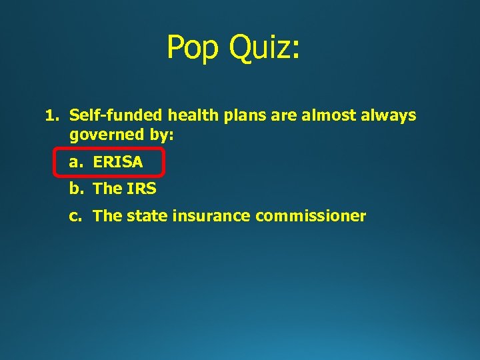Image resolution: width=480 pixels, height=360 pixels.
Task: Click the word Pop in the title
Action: click(193, 47)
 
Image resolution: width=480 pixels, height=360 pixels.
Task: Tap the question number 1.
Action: click(50, 116)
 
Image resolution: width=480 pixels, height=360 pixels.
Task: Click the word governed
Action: click(107, 135)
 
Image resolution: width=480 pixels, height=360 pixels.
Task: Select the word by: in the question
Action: click(161, 135)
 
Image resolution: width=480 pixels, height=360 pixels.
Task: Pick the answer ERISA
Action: click(118, 162)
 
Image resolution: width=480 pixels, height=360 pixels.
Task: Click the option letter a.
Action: click(75, 162)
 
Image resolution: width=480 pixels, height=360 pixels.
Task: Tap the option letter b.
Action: click(75, 189)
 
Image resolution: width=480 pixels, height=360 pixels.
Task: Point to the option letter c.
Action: click(75, 216)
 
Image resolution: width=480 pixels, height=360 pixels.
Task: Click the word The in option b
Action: click(107, 189)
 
